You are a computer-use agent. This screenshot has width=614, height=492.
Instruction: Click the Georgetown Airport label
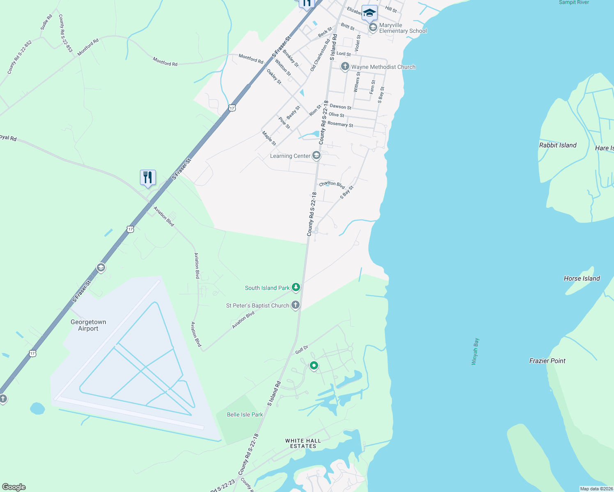(x=88, y=325)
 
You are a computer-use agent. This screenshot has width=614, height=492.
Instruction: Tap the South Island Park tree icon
(x=296, y=287)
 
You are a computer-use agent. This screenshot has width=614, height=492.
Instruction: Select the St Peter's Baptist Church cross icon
(x=295, y=305)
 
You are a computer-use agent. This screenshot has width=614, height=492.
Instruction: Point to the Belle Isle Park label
(x=245, y=415)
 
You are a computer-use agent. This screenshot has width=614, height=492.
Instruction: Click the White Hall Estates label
(x=303, y=443)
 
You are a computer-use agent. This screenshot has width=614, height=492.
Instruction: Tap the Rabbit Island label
(x=557, y=145)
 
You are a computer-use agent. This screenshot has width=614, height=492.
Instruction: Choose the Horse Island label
(x=582, y=278)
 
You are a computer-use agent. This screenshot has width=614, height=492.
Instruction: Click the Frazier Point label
(x=547, y=361)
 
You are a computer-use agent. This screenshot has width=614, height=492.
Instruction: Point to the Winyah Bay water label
(x=475, y=351)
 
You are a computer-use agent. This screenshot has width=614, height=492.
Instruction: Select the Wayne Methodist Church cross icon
(x=345, y=66)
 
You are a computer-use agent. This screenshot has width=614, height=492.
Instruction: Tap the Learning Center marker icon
(x=316, y=155)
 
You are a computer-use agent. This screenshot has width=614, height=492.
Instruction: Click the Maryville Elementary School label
(x=403, y=28)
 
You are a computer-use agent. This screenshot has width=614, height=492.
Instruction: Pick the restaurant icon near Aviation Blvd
(x=148, y=178)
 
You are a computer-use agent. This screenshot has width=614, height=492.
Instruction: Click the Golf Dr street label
(x=302, y=350)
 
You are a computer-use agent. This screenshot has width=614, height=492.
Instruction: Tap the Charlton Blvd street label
(x=332, y=184)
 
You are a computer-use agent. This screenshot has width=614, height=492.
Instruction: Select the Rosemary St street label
(x=340, y=124)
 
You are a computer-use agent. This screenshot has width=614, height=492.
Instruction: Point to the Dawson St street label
(x=341, y=107)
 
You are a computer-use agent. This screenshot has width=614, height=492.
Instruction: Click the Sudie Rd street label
(x=46, y=22)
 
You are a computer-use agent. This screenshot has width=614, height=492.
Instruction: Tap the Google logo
(x=14, y=487)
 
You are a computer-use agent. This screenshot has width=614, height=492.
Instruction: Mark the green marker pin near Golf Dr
(x=314, y=365)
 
